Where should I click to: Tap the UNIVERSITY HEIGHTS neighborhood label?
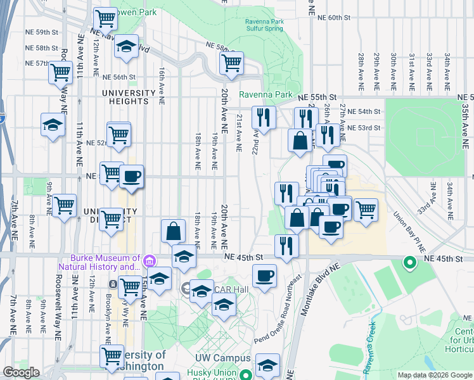pos(129,98)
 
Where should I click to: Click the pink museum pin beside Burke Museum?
pos(150,260)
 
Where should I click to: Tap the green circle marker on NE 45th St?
pos(409,261)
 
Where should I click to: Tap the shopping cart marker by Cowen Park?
pos(105,18)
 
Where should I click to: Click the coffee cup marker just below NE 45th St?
pos(264,275)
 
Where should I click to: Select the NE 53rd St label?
pos(364,128)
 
